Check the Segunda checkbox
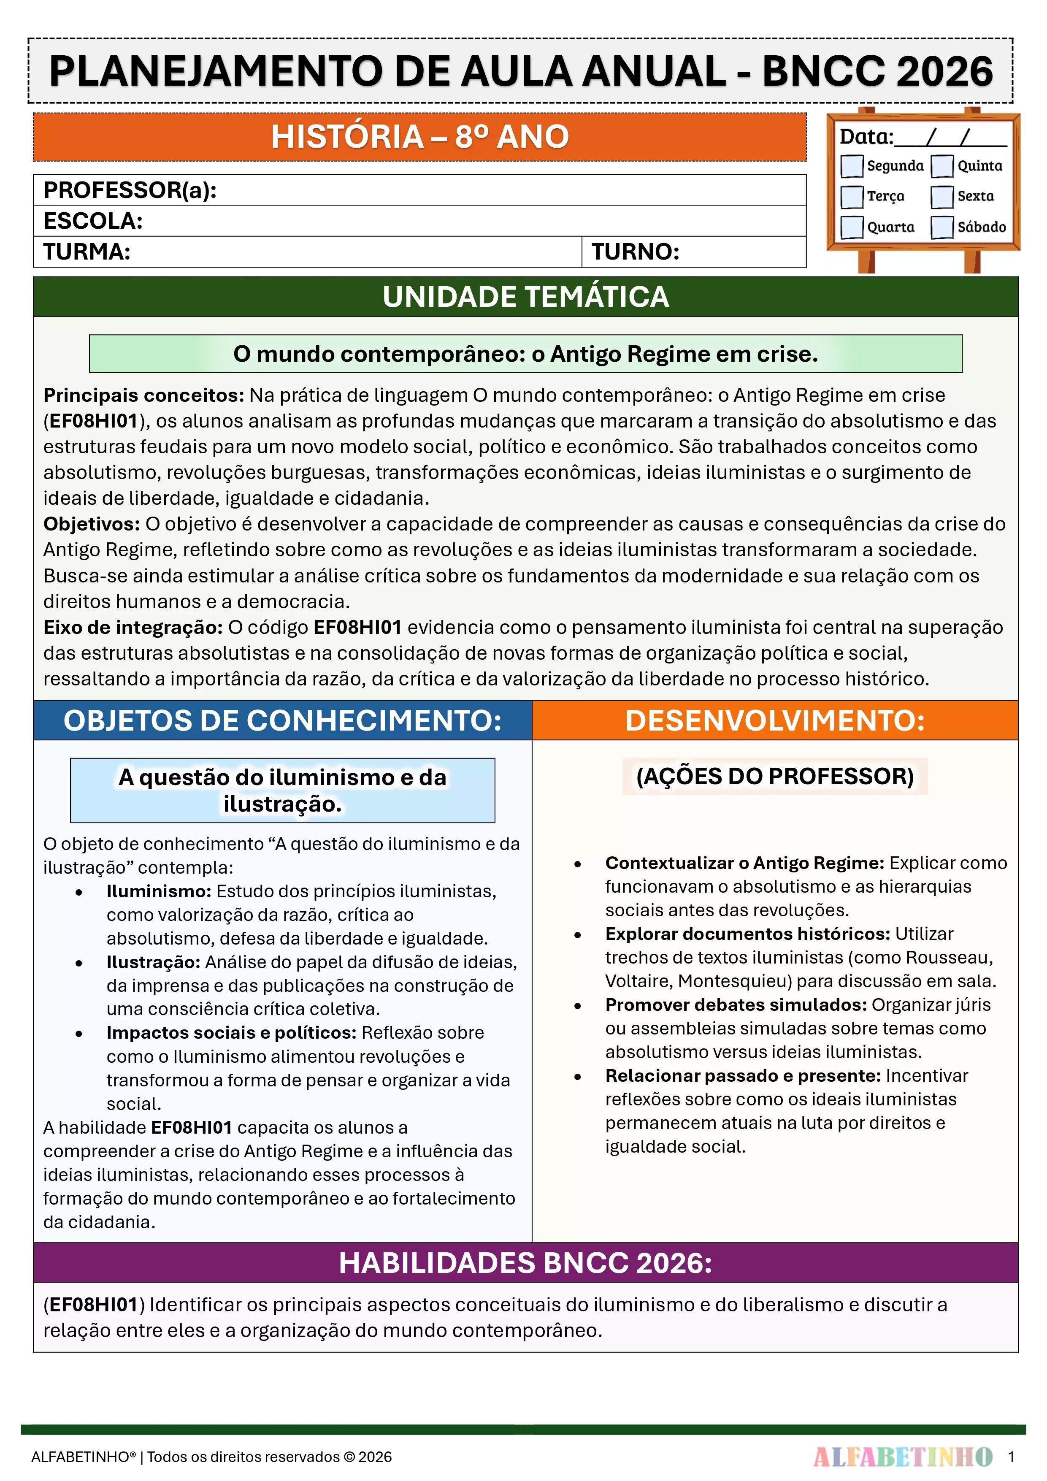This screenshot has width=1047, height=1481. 852,166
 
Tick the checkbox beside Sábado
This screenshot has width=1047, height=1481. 942,227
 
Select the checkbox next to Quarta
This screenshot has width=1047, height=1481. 852,227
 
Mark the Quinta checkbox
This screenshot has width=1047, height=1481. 942,166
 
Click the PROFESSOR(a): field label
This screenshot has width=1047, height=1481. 130,190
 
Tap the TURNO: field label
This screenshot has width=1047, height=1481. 636,252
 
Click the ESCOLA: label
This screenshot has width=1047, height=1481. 93,221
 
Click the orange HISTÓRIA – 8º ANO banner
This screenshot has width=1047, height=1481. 419,137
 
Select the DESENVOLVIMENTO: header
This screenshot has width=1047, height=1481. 775,720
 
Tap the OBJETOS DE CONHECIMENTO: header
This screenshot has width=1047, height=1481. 283,720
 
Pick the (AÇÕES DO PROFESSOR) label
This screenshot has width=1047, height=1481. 775,776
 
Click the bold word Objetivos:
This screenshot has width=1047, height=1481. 92,524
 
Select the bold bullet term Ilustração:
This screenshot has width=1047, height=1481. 154,962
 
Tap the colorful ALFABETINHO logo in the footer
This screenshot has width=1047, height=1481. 903,1457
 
